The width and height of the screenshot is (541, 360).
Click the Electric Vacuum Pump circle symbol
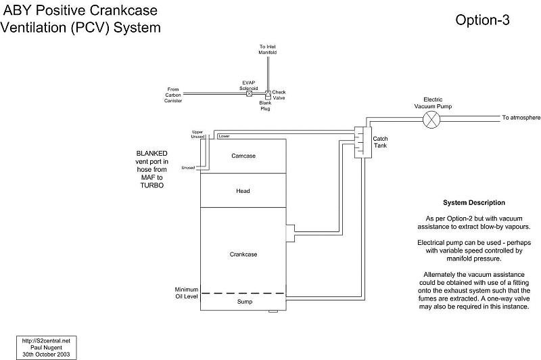click(x=431, y=120)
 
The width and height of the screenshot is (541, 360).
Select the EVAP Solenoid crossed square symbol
click(x=249, y=93)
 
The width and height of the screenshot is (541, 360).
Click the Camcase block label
click(x=243, y=156)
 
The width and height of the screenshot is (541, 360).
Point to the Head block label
click(x=243, y=191)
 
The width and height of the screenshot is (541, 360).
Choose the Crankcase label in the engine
click(x=243, y=254)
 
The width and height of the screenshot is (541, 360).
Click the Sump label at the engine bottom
click(x=243, y=302)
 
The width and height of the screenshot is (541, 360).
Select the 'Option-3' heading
click(x=482, y=20)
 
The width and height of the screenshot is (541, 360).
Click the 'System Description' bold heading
click(x=473, y=203)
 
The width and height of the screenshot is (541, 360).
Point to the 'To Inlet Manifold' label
click(x=268, y=49)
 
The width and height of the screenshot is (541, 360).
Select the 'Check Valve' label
click(x=279, y=94)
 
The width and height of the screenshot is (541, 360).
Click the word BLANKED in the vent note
click(x=151, y=154)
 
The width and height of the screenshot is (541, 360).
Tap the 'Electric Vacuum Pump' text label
click(x=433, y=102)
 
